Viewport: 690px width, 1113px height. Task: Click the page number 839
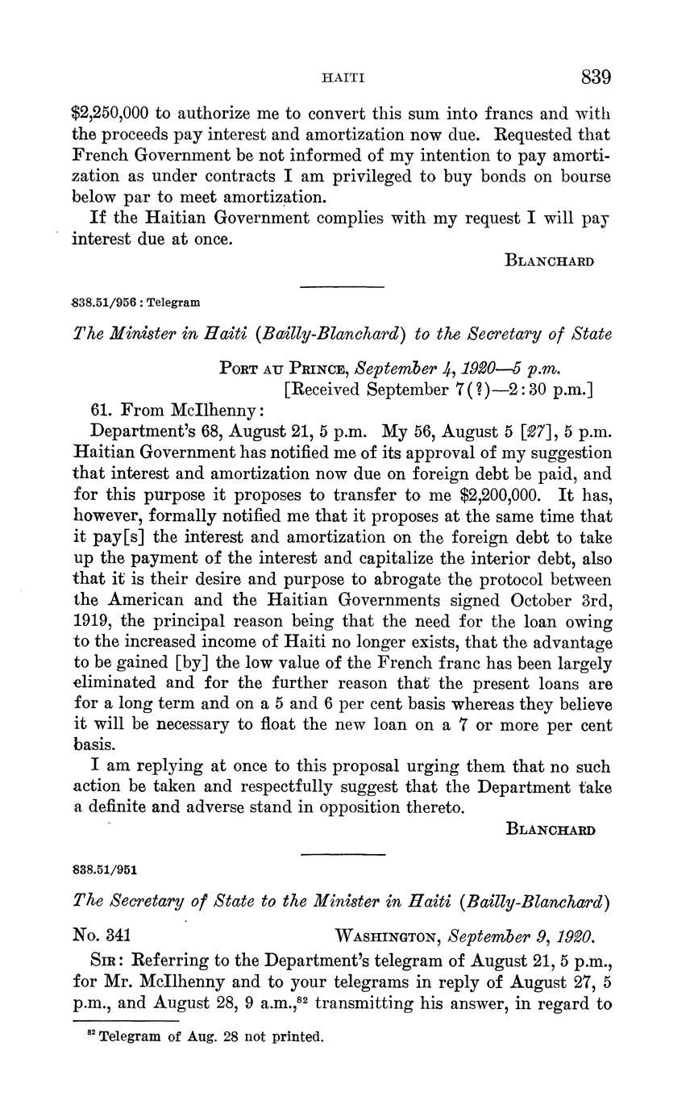[596, 77]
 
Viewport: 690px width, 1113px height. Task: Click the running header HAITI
[344, 78]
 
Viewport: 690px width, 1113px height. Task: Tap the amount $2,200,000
[500, 495]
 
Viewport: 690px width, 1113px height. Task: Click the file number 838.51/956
[104, 303]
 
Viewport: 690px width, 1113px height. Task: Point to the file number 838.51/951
[105, 870]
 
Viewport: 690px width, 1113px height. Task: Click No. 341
[102, 936]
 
